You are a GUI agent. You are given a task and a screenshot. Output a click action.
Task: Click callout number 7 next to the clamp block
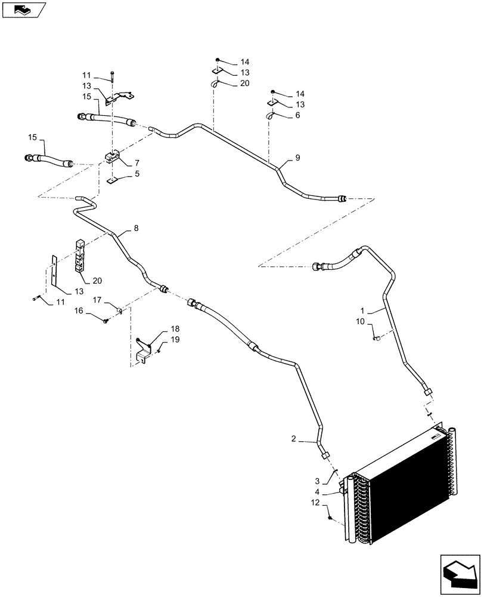pyautogui.click(x=136, y=163)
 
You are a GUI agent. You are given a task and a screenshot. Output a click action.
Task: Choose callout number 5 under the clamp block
pyautogui.click(x=136, y=174)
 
